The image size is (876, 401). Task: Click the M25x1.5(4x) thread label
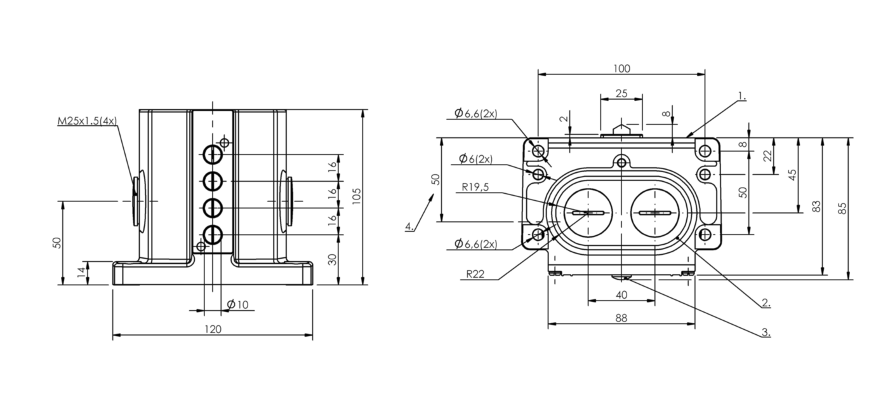coord(87,121)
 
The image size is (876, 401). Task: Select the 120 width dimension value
coord(213,329)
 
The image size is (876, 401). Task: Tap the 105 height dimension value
coord(356,196)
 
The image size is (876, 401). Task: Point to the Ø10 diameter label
coord(238,304)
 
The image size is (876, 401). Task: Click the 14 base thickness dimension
coord(81,272)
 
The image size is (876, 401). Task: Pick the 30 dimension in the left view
coord(332,259)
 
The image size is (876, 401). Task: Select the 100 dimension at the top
coord(621,69)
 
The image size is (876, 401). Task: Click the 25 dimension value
coord(621,93)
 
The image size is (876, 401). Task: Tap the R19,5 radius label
coord(475,187)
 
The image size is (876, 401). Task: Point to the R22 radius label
coord(475,274)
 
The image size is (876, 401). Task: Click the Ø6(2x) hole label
coord(475,159)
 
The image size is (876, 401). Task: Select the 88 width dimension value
coord(621,318)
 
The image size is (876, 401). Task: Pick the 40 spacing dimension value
coord(621,295)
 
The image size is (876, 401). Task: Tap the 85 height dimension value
coord(843,208)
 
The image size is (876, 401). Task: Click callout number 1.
coord(742,95)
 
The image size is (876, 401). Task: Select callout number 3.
coord(766,332)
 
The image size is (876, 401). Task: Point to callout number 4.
coord(409,226)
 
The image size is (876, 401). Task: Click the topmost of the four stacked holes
coord(213,154)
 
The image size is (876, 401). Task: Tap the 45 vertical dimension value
coord(792,175)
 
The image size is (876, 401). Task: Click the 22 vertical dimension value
coord(768,156)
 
